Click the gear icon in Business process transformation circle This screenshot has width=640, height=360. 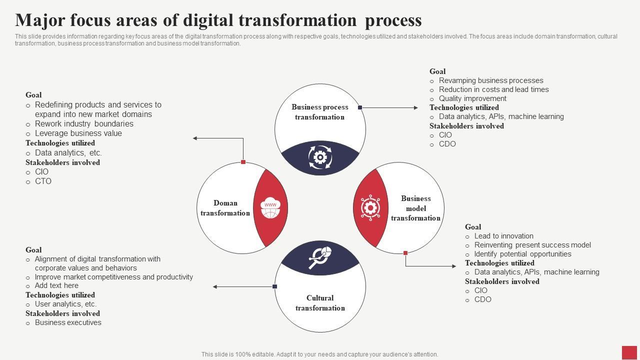click(320, 157)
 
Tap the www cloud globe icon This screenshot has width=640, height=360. click(270, 208)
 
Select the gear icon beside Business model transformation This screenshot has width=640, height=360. click(370, 207)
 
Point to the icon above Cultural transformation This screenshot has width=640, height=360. click(320, 257)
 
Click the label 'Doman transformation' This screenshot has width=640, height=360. click(225, 208)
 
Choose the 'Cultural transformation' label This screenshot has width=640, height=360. click(320, 303)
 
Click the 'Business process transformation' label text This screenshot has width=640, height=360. click(320, 112)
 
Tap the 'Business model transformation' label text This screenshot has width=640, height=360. click(415, 208)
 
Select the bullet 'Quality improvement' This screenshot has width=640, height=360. click(472, 98)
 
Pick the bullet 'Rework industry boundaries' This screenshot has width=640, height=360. click(84, 123)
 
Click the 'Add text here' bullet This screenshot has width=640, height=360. click(56, 285)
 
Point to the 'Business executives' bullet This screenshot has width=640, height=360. click(68, 322)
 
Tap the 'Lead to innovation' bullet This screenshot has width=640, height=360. click(503, 236)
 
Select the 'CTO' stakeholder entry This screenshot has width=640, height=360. click(43, 181)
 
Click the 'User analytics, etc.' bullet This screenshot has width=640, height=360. click(65, 304)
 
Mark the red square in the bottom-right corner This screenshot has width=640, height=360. click(629, 352)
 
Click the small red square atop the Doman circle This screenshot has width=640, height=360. click(243, 162)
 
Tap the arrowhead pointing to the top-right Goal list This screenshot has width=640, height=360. click(416, 107)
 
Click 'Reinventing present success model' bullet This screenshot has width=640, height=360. click(532, 245)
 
